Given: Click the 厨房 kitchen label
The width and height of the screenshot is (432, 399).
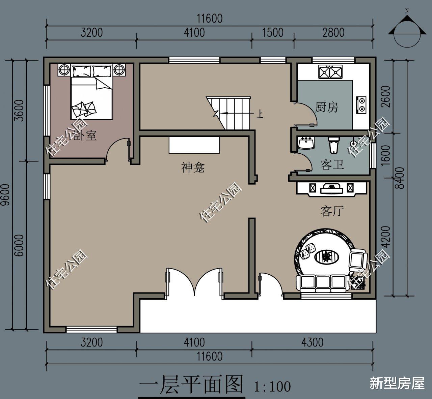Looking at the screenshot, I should (326, 108).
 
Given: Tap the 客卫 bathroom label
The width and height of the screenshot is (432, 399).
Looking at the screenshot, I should (332, 165).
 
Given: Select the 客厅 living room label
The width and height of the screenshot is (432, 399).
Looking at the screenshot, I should (332, 211).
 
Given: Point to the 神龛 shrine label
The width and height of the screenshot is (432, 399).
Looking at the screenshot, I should (193, 167).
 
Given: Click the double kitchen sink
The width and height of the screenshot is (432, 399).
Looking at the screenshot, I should (330, 72).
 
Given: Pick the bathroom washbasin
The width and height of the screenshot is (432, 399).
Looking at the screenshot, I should (307, 143).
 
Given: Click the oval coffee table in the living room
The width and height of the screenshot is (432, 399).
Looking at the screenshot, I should (326, 257).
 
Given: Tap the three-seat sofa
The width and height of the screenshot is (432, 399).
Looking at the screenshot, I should (321, 283).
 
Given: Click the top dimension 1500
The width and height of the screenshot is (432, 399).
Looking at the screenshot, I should (272, 33).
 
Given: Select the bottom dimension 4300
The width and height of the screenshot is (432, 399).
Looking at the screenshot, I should (312, 342).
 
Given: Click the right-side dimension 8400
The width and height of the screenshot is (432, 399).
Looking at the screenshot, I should (400, 178).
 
